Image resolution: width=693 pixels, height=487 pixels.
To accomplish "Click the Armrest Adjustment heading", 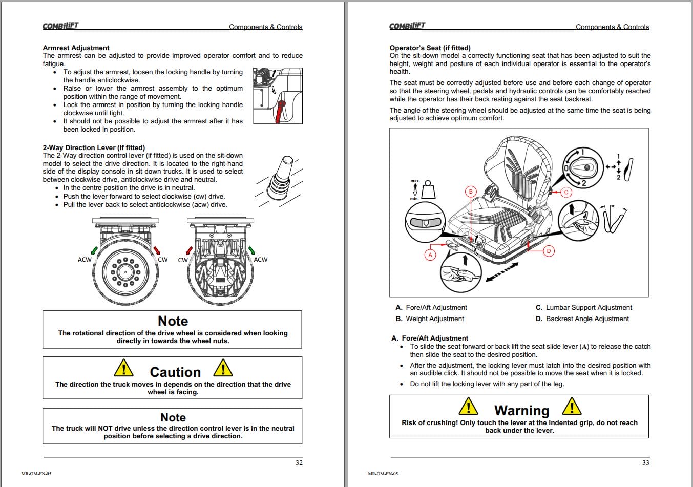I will point(76,48).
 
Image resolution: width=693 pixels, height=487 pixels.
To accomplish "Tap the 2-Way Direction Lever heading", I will point(94,147).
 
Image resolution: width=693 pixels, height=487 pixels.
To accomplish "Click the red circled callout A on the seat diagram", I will point(430,255).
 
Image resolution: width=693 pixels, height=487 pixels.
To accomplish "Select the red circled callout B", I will point(470,192).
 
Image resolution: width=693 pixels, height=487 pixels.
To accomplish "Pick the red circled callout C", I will point(566,193).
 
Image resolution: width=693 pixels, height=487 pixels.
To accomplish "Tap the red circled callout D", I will point(549,251).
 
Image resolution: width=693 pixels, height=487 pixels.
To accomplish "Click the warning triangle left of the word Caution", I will point(123,368).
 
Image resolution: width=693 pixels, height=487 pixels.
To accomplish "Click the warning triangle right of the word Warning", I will point(571,407).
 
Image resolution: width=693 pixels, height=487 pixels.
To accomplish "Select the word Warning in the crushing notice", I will point(521,411).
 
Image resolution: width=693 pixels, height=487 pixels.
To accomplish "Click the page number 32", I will point(299,463).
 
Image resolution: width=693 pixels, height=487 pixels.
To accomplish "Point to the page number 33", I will point(645,463).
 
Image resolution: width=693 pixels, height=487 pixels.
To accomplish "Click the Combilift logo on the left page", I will point(60,26).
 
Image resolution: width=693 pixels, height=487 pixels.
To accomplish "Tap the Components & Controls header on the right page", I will point(612,27).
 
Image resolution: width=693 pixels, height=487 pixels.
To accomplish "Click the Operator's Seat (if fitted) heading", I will point(430,48).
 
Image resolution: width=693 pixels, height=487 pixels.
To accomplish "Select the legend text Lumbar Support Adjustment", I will point(589,308).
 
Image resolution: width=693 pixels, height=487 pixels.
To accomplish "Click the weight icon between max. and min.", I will point(429,190).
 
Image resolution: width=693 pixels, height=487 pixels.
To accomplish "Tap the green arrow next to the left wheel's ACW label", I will point(94,250).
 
